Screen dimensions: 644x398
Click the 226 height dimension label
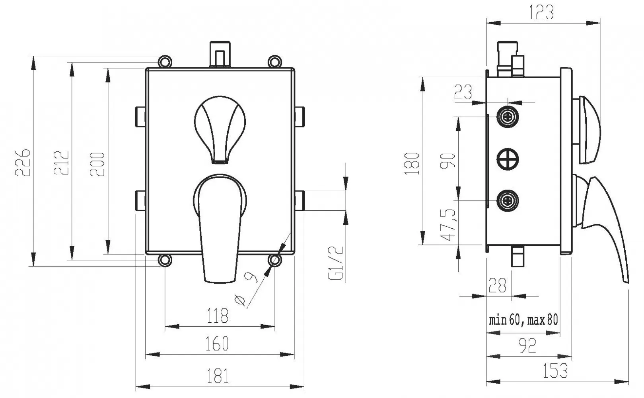pos(22,163)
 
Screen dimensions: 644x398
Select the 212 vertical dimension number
pos(61,163)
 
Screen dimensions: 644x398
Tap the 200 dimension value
pos(97,164)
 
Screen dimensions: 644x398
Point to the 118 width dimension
pos(218,316)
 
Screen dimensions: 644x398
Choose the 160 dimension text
pos(217,343)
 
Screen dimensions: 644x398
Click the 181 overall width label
pos(218,376)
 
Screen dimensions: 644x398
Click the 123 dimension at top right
pos(541,12)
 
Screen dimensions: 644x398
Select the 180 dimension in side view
pos(412,163)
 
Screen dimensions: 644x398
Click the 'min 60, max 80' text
pos(523,320)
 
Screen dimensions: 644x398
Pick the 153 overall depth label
pos(555,371)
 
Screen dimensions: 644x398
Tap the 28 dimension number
pos(497,285)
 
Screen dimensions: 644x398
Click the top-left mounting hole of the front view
pos(165,62)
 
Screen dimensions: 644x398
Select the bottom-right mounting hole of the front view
pos(275,260)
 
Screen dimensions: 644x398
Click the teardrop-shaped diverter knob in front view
pos(220,129)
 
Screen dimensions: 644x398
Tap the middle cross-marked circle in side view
pos(508,159)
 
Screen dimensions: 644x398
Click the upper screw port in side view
pos(508,117)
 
